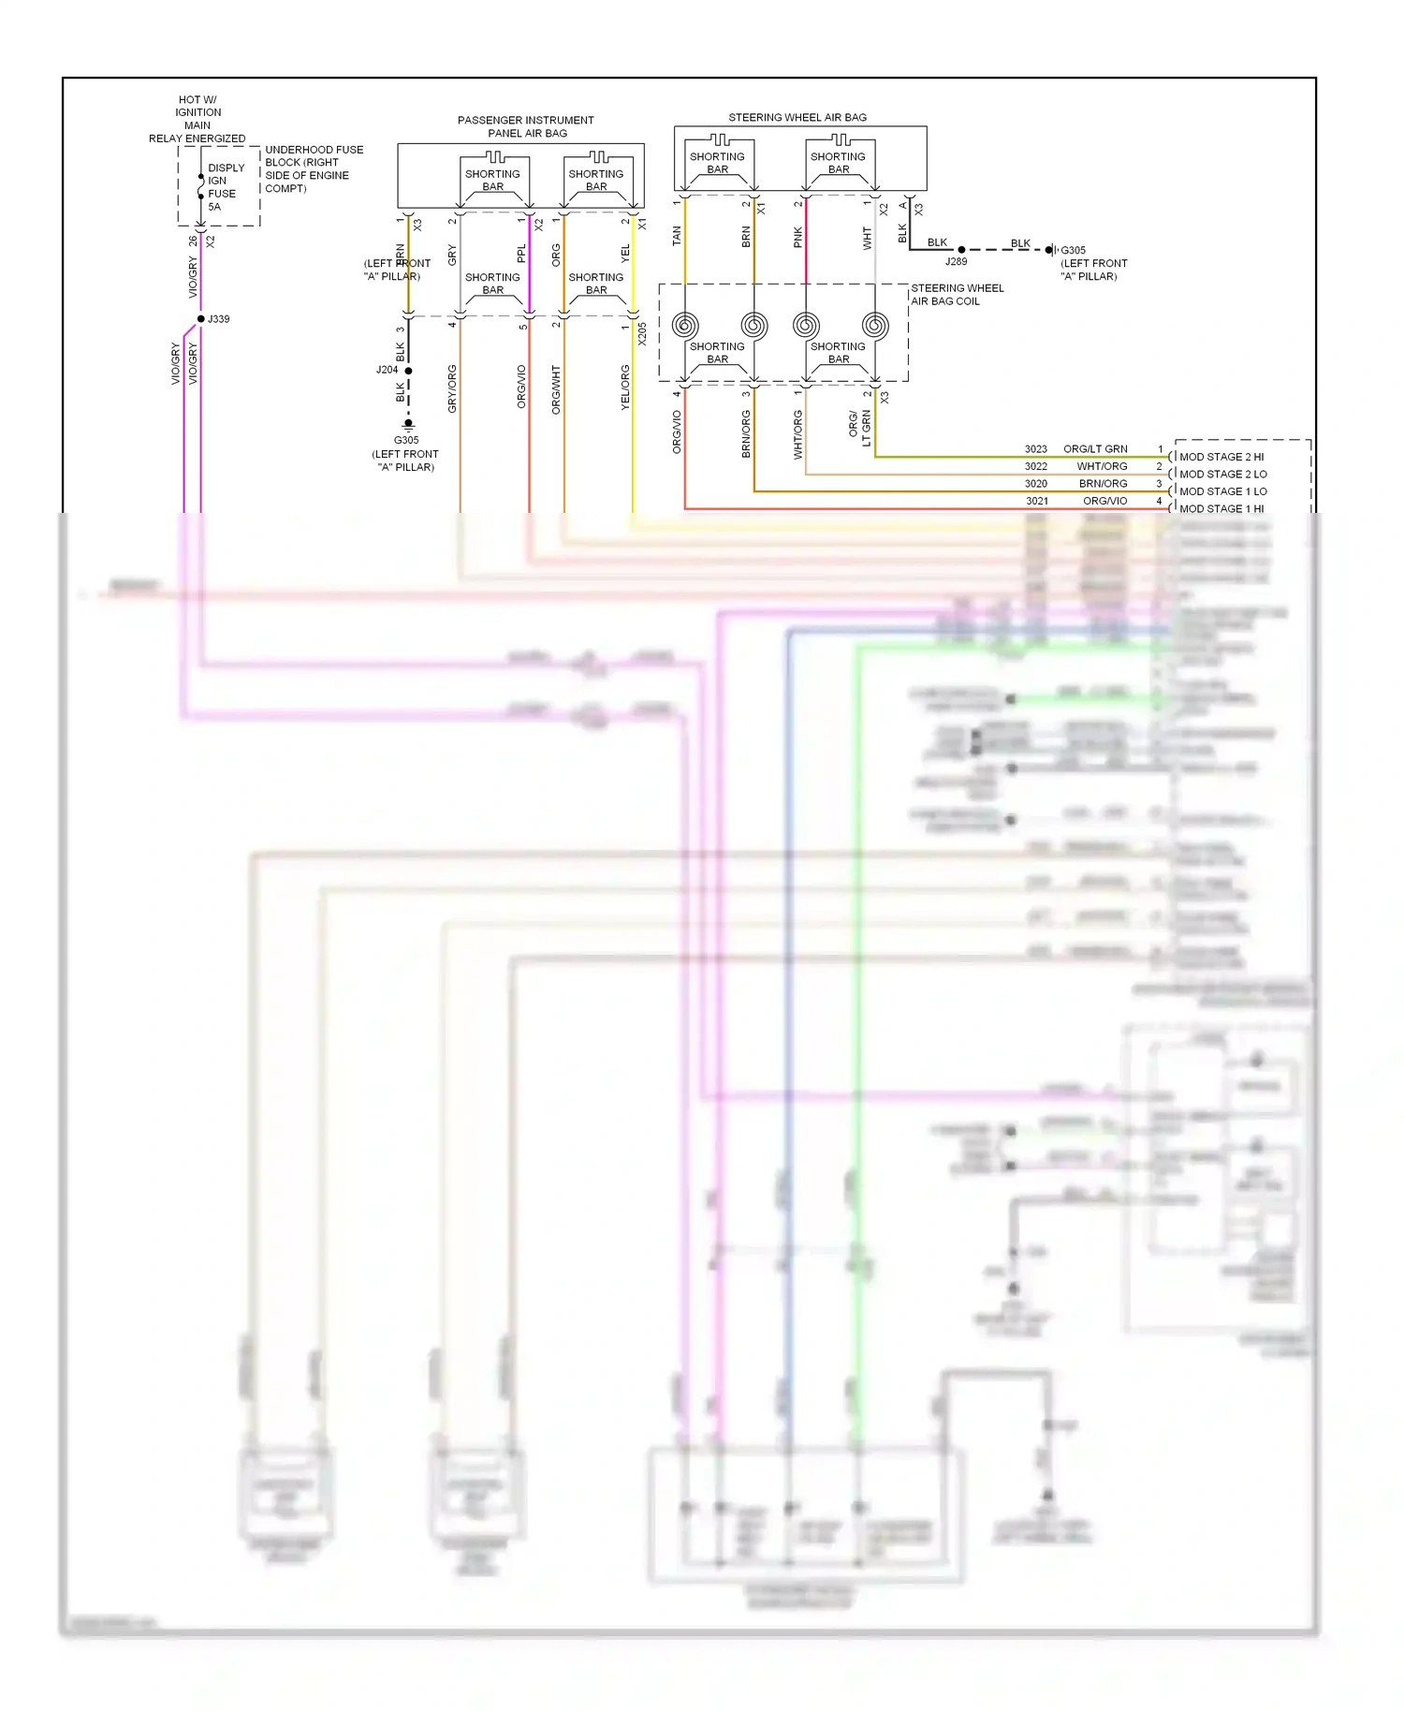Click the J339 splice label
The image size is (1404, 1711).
click(x=218, y=319)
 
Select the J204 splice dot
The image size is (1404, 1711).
click(x=408, y=371)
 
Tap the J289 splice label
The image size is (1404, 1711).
click(x=956, y=262)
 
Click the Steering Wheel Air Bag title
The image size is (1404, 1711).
click(x=797, y=118)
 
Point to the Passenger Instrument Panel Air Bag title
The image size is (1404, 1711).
click(x=526, y=126)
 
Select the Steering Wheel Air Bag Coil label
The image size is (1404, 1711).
click(x=956, y=295)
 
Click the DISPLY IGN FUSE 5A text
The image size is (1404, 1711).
click(x=225, y=187)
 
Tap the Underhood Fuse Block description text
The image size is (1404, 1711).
click(x=313, y=168)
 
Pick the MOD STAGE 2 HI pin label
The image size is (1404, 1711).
click(x=1221, y=457)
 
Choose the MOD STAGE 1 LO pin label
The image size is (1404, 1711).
click(x=1222, y=491)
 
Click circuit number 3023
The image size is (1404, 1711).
click(x=1035, y=449)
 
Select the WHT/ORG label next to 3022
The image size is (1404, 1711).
click(x=1102, y=466)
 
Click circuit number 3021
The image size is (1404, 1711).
click(x=1036, y=501)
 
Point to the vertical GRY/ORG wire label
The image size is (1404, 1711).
click(x=452, y=388)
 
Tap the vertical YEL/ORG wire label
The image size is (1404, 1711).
click(x=625, y=387)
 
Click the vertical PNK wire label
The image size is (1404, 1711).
click(x=798, y=237)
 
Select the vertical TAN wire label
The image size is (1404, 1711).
click(x=677, y=237)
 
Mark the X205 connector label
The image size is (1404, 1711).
click(x=642, y=334)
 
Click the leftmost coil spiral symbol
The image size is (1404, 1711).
click(x=685, y=326)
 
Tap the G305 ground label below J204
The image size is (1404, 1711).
click(x=405, y=440)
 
